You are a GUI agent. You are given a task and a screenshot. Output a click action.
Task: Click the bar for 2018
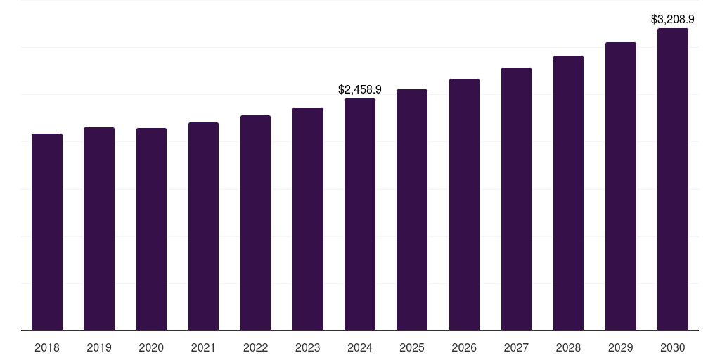click(x=47, y=232)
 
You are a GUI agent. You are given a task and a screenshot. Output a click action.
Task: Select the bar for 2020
click(x=151, y=229)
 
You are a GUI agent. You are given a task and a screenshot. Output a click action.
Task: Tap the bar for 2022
click(x=255, y=223)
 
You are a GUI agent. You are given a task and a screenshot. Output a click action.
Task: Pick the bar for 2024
click(x=360, y=214)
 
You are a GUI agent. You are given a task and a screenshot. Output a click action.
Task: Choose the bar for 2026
click(x=464, y=205)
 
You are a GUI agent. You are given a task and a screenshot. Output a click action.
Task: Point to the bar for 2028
click(x=568, y=193)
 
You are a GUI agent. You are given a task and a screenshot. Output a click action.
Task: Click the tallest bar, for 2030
click(x=673, y=179)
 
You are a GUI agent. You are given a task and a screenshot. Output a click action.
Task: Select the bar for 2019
click(x=99, y=229)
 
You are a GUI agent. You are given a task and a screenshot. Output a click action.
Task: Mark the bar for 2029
click(x=621, y=186)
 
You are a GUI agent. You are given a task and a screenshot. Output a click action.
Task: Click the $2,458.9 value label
click(x=360, y=90)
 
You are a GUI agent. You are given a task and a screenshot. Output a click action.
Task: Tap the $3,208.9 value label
click(x=673, y=20)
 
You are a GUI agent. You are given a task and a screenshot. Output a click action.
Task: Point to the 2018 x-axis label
click(x=47, y=347)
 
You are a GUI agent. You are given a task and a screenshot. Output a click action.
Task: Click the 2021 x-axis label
click(x=203, y=347)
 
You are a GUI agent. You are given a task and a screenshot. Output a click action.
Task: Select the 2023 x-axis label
click(x=308, y=347)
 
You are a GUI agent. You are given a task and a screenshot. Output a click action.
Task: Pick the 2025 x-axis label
click(x=412, y=347)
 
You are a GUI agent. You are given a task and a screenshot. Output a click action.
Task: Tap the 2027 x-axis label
click(x=516, y=347)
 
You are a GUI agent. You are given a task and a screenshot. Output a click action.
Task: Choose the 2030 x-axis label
click(x=673, y=347)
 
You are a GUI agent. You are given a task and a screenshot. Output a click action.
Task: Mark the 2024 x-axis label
click(x=360, y=347)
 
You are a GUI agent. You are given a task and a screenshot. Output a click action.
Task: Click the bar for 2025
click(x=412, y=210)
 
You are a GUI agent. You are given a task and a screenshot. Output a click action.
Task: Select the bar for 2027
click(x=516, y=199)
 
